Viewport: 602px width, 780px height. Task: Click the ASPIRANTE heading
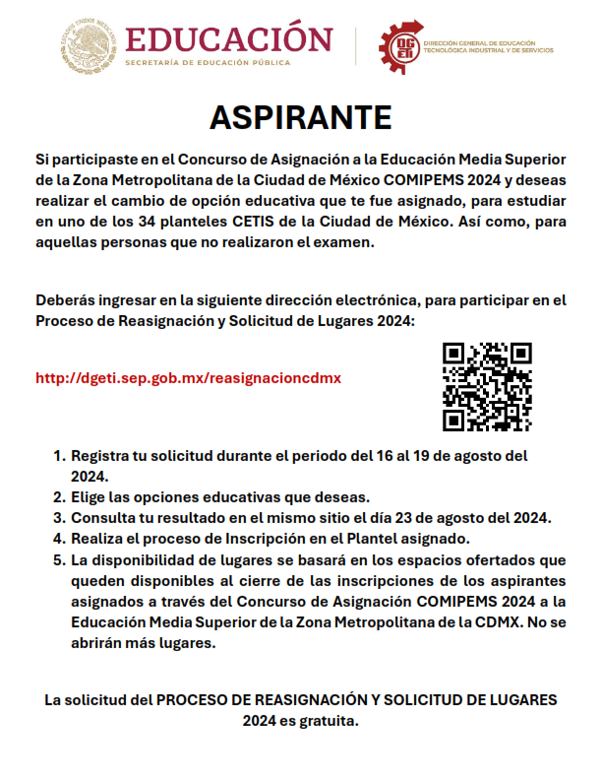(x=301, y=117)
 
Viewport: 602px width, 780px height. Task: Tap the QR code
(x=487, y=386)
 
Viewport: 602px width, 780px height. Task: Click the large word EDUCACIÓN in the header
(x=229, y=39)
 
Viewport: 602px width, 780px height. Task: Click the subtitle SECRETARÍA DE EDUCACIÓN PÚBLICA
(x=208, y=63)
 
